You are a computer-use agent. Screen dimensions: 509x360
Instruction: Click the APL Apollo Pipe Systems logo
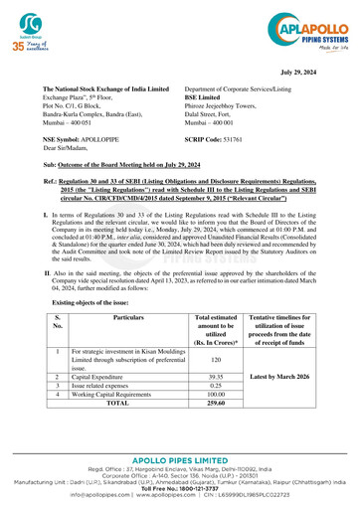point(302,30)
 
